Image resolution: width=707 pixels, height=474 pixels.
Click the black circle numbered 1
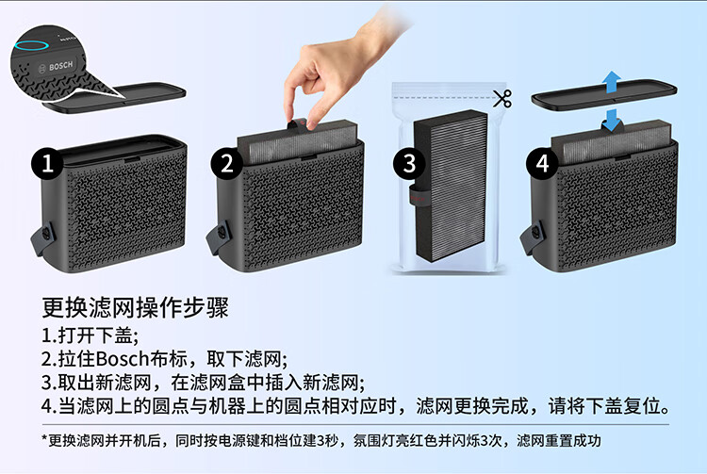[x=47, y=163]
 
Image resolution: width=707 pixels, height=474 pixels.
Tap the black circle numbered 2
[x=227, y=163]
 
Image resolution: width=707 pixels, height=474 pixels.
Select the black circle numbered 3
[x=409, y=163]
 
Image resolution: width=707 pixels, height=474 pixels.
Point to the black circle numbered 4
[x=542, y=163]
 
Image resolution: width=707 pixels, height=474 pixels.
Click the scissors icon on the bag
[x=502, y=99]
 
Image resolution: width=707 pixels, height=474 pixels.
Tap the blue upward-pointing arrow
[x=612, y=82]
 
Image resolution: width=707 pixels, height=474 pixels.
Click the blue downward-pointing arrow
[x=612, y=120]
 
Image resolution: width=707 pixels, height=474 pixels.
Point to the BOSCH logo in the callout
[x=57, y=67]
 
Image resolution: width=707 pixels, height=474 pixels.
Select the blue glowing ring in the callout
[x=31, y=45]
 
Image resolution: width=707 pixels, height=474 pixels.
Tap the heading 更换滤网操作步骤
[x=135, y=308]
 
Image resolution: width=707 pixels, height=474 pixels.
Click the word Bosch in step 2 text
[x=123, y=359]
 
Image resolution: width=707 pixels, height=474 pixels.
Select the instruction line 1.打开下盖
[x=90, y=335]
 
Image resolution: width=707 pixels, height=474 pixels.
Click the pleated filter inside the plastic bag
[x=451, y=185]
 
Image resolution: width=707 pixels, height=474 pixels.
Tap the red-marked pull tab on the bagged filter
[x=417, y=196]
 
